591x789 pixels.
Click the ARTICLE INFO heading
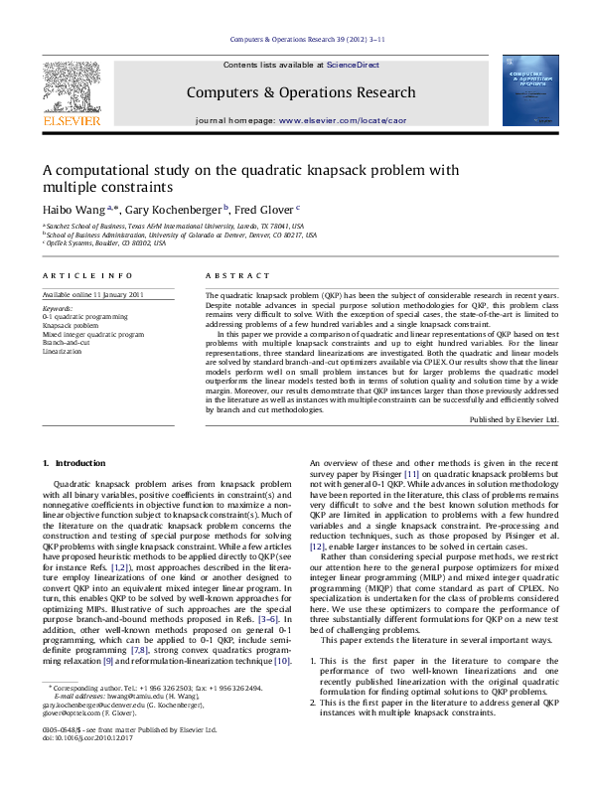coord(86,274)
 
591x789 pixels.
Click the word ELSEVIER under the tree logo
coord(71,120)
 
